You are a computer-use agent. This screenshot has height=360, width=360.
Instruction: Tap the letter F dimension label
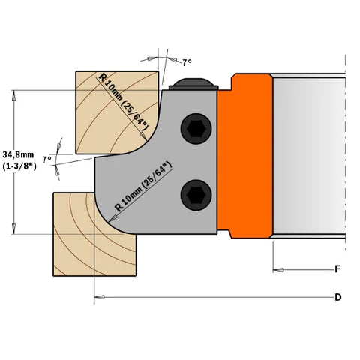(338, 268)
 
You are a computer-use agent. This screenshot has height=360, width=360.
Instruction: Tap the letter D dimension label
(338, 298)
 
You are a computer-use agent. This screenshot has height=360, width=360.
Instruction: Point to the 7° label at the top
(187, 62)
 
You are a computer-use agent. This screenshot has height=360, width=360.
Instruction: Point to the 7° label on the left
(46, 160)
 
